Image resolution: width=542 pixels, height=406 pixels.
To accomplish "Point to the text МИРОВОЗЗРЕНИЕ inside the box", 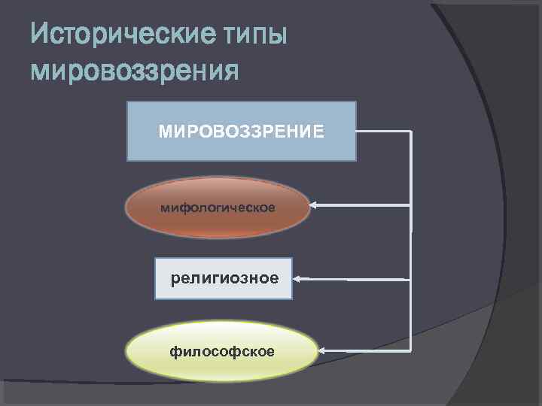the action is point(242,132).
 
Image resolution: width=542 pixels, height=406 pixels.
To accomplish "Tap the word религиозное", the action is point(224,279).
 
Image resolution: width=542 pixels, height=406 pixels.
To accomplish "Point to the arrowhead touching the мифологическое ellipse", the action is point(313,205).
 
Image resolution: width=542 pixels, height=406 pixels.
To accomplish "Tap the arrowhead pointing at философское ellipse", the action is point(322,351).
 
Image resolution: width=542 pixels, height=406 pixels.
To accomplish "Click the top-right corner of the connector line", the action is point(411,132).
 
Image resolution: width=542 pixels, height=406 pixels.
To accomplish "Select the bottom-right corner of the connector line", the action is point(411,351).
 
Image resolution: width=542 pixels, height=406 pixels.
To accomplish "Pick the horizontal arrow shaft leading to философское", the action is point(369,351).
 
